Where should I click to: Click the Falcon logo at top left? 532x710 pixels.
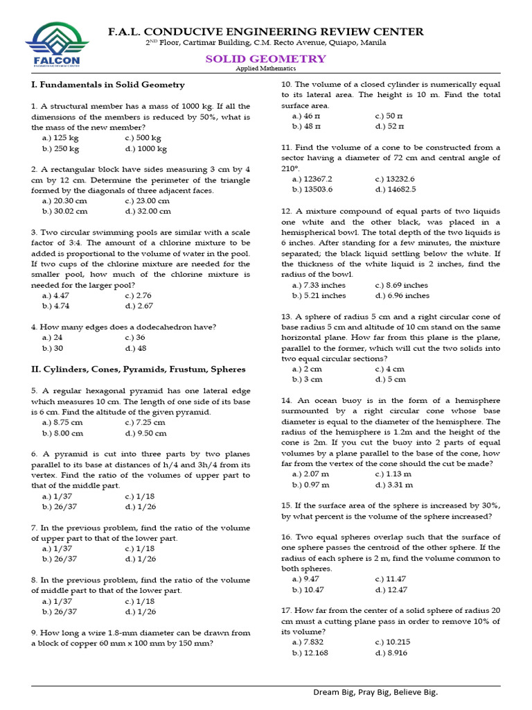pyautogui.click(x=53, y=45)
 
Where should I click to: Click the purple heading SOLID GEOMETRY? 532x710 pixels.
pyautogui.click(x=265, y=59)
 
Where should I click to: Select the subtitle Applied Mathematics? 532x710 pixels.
pyautogui.click(x=265, y=69)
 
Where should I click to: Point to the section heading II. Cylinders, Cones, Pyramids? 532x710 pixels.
pyautogui.click(x=139, y=370)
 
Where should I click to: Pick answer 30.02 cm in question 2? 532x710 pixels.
pyautogui.click(x=65, y=211)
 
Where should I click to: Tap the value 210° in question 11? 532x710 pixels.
pyautogui.click(x=290, y=168)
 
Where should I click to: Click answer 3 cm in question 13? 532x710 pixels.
pyautogui.click(x=308, y=379)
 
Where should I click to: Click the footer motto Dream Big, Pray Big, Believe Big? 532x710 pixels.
pyautogui.click(x=375, y=693)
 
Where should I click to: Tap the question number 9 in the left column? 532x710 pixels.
pyautogui.click(x=34, y=632)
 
